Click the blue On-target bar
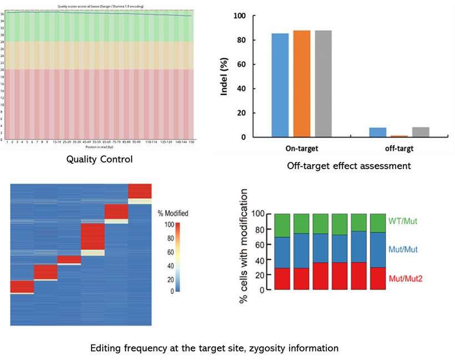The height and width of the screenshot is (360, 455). pyautogui.click(x=280, y=85)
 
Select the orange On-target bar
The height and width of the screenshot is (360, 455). pyautogui.click(x=301, y=84)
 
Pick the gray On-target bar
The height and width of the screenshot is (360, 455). pyautogui.click(x=323, y=84)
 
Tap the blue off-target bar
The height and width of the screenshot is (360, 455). pyautogui.click(x=378, y=132)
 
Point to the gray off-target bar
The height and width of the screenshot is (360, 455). pyautogui.click(x=421, y=132)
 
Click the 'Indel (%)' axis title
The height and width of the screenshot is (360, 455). pyautogui.click(x=225, y=77)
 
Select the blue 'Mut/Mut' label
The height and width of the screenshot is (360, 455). pyautogui.click(x=404, y=250)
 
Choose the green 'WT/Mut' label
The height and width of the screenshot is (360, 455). pyautogui.click(x=403, y=222)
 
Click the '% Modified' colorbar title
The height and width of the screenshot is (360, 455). pyautogui.click(x=173, y=213)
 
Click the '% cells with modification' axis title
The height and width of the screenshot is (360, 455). pyautogui.click(x=243, y=251)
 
